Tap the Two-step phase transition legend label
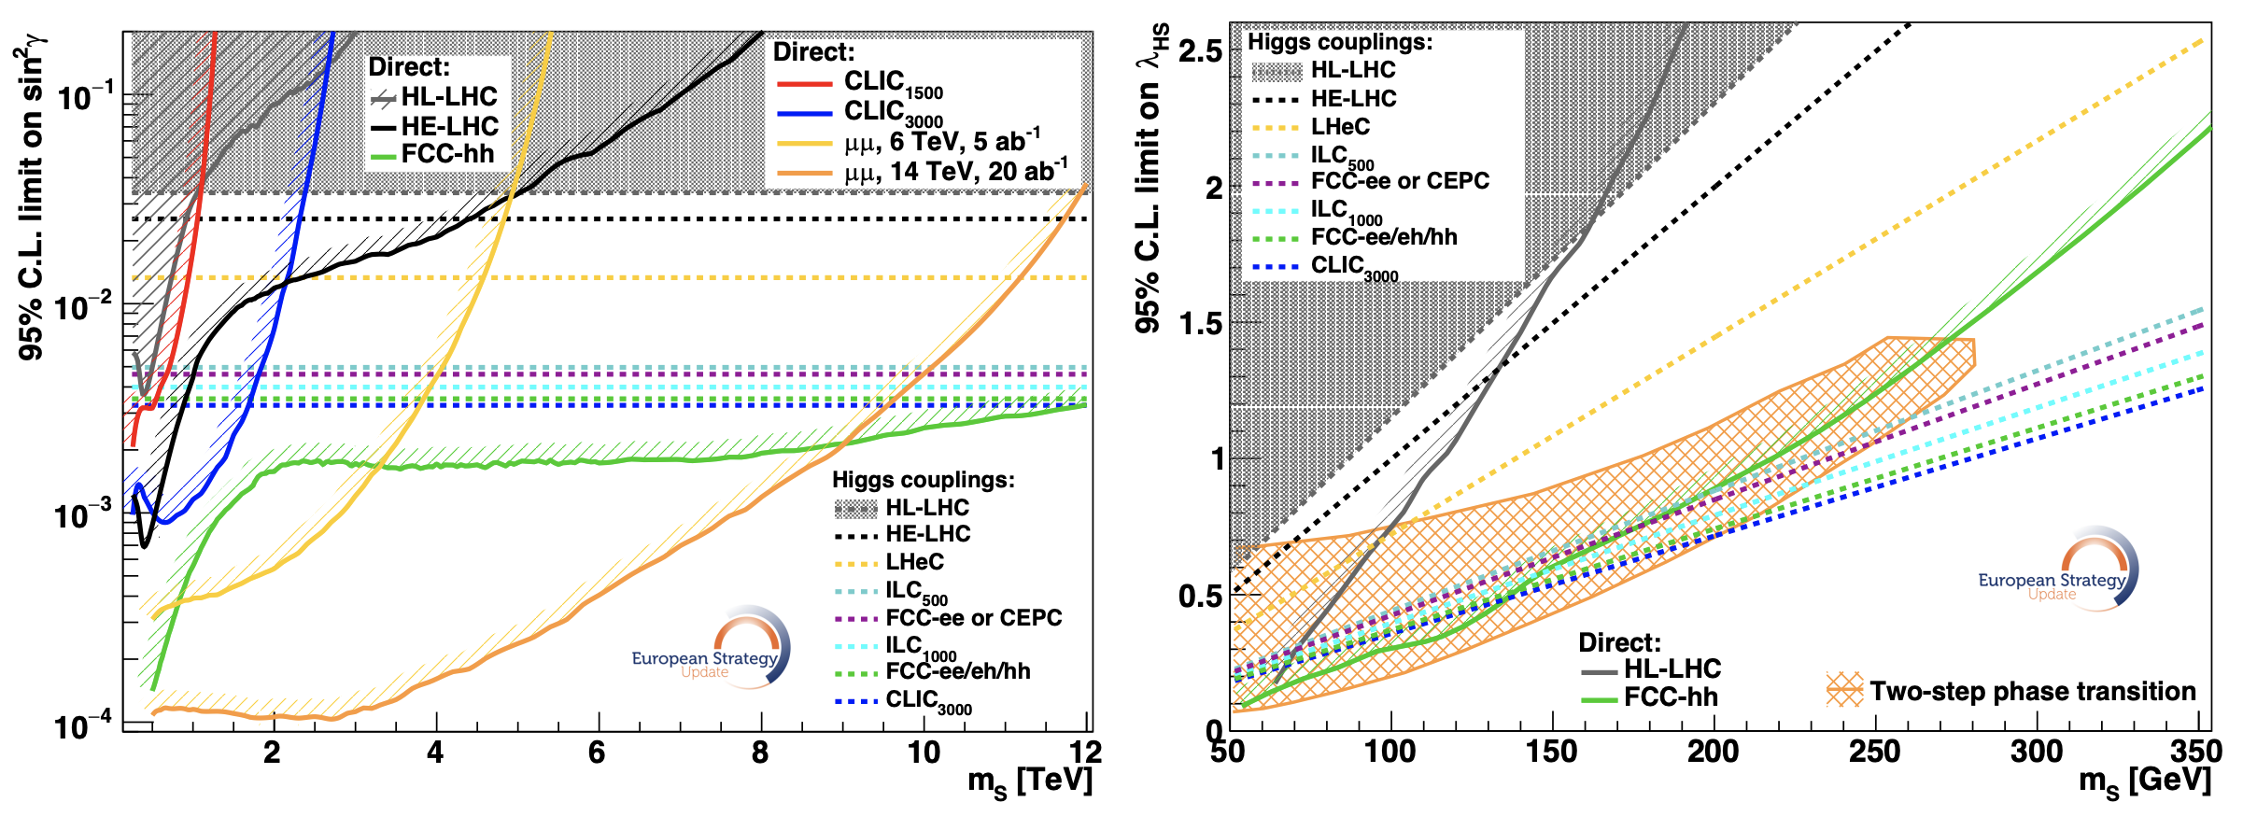click(2032, 692)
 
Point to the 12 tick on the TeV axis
click(1085, 752)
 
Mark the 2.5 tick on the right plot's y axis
click(1200, 51)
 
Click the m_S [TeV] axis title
click(1029, 782)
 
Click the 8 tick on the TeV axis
click(760, 752)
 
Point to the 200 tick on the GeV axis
click(1713, 752)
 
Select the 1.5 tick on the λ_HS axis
click(1200, 324)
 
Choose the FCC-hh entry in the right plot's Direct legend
click(1671, 697)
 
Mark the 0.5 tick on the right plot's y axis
click(1200, 597)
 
